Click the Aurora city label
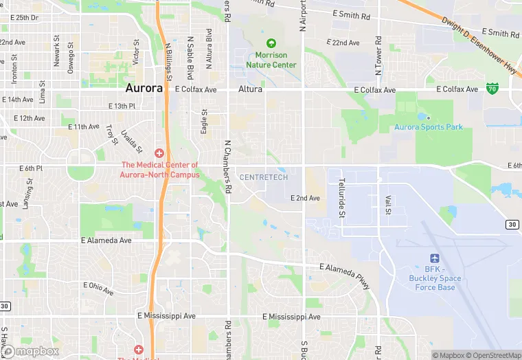(144, 89)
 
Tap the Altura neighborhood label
(251, 89)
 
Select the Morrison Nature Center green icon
(271, 43)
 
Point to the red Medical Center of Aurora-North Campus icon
(160, 153)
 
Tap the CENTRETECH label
(263, 177)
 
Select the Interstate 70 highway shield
(492, 88)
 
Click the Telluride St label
(341, 198)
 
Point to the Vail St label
(387, 204)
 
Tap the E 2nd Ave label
(305, 198)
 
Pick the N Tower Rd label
(378, 56)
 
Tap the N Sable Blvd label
(190, 58)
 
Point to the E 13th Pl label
(122, 106)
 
